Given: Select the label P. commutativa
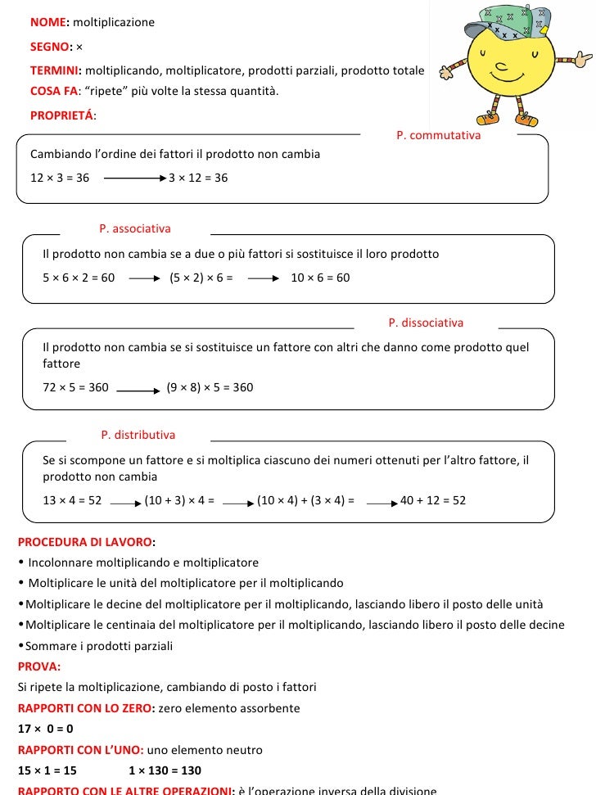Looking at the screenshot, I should pyautogui.click(x=438, y=135).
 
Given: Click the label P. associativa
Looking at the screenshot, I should pyautogui.click(x=135, y=228).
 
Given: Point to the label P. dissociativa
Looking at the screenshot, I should pyautogui.click(x=426, y=323).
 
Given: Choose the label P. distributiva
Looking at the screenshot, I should pyautogui.click(x=138, y=435).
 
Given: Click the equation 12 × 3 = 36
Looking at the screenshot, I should pyautogui.click(x=60, y=178).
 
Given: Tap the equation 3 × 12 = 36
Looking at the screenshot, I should pyautogui.click(x=198, y=178).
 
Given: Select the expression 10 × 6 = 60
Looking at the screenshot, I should pyautogui.click(x=320, y=278).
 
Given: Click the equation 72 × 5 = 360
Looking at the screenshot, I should pyautogui.click(x=75, y=387).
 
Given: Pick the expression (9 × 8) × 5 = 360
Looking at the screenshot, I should pyautogui.click(x=210, y=387).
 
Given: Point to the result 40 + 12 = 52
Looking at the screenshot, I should pyautogui.click(x=433, y=500).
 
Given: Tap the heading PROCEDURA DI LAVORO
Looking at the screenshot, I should pyautogui.click(x=85, y=542).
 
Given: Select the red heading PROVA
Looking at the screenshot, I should pyautogui.click(x=38, y=666).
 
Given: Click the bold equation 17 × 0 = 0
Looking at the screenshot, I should pyautogui.click(x=46, y=728).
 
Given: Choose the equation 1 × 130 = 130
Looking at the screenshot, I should pyautogui.click(x=165, y=770).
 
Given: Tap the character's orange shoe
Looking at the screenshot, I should pyautogui.click(x=528, y=121).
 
